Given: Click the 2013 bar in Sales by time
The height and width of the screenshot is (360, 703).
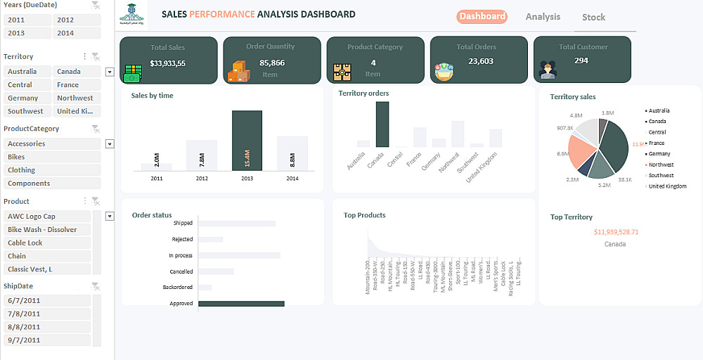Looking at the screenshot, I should pyautogui.click(x=247, y=140).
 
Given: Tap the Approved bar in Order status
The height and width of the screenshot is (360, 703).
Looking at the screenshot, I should pyautogui.click(x=241, y=304).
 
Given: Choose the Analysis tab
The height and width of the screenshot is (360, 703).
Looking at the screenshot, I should pyautogui.click(x=543, y=17).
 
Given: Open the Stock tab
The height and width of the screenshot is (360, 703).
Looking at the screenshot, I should pyautogui.click(x=593, y=18).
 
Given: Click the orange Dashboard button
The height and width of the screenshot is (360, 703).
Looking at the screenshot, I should pyautogui.click(x=482, y=16).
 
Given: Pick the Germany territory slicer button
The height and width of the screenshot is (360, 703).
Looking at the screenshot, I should pyautogui.click(x=27, y=98).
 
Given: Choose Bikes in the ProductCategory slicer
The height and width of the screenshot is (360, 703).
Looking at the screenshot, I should pyautogui.click(x=52, y=157).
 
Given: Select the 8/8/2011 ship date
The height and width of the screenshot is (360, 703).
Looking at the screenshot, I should pyautogui.click(x=46, y=327).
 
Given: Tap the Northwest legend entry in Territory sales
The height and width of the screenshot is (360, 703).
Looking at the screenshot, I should pyautogui.click(x=661, y=165).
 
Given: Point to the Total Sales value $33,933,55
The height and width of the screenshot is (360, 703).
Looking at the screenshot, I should pyautogui.click(x=167, y=63).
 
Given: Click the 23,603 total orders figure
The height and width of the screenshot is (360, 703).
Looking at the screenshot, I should pyautogui.click(x=481, y=61).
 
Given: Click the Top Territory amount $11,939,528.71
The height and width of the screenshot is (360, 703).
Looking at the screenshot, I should pyautogui.click(x=616, y=231).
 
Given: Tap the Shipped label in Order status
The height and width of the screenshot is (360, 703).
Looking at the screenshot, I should pyautogui.click(x=183, y=223).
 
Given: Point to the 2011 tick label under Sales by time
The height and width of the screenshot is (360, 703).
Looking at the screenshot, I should pyautogui.click(x=156, y=179).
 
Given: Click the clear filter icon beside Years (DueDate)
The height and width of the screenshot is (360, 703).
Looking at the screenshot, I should pyautogui.click(x=96, y=6).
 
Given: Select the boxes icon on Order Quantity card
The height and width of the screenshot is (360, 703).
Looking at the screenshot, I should pyautogui.click(x=237, y=71).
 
